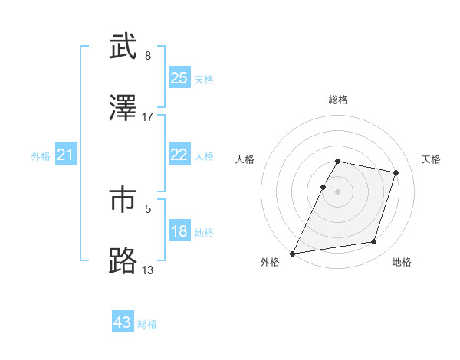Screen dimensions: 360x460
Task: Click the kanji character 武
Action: coord(123,47)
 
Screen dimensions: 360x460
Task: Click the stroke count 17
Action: coord(148,116)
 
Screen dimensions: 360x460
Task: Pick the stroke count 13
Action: coord(148,269)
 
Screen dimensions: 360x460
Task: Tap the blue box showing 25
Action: coord(179,78)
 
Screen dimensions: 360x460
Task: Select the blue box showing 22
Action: coord(179,155)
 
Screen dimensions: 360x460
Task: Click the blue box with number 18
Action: coord(179,231)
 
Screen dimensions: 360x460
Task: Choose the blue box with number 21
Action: coord(66,155)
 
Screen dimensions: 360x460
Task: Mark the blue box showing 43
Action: coord(123,322)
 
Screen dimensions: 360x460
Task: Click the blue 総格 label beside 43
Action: coord(147,324)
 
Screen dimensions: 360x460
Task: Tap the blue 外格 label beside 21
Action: coord(41,156)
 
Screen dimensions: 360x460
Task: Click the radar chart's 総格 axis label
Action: coord(338,100)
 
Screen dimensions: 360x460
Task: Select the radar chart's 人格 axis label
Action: coord(245,159)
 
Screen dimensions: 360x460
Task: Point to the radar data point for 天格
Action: coord(396,172)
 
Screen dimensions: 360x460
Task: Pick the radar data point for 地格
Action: coord(374,242)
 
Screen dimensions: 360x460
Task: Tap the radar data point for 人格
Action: coord(323,187)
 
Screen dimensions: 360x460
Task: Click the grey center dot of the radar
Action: coord(338,191)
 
